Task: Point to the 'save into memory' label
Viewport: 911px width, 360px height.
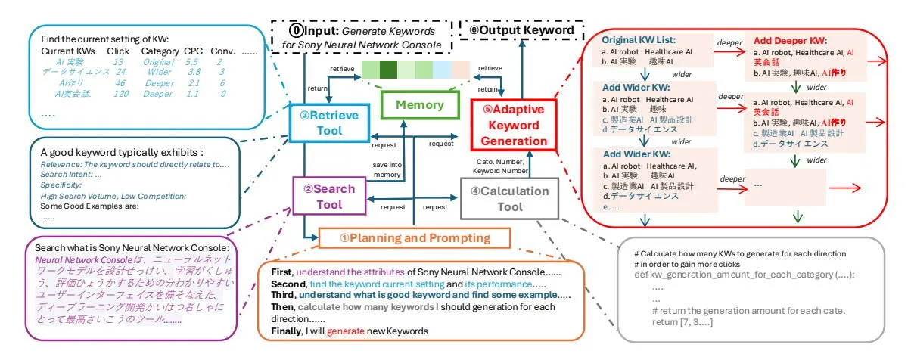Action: [x=386, y=170]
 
